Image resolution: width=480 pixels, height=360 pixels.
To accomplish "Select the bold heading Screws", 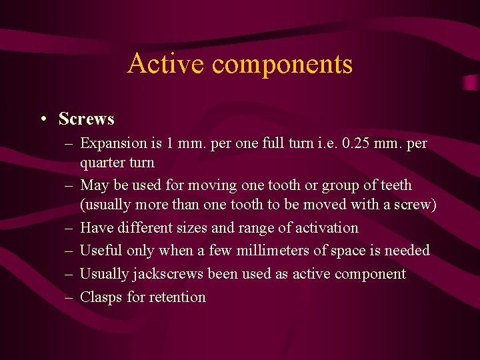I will [x=86, y=119].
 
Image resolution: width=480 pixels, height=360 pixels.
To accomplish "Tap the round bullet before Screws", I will [x=43, y=120].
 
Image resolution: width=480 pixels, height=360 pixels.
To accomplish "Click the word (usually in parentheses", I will [x=105, y=205].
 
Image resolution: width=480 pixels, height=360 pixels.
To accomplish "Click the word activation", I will [x=326, y=228].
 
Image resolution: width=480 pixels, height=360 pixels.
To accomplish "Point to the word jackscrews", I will [x=170, y=275].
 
